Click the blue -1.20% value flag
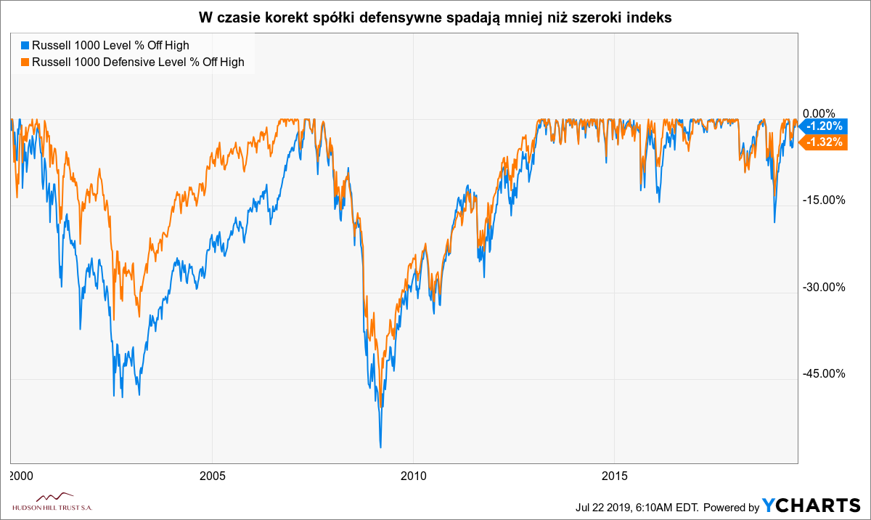pos(823,126)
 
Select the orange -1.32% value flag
pos(823,142)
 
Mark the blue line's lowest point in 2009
pos(380,447)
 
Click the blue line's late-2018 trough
pos(774,222)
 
